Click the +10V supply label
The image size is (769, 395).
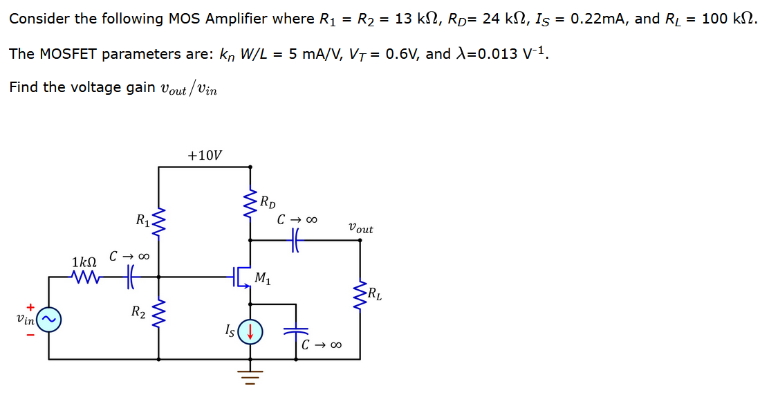(205, 155)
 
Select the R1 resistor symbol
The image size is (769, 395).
(159, 223)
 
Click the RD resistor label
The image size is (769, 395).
(268, 203)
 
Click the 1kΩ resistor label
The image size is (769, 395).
(84, 262)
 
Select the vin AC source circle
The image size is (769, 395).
(49, 319)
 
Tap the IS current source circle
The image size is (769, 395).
(250, 331)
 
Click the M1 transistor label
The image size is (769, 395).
(263, 279)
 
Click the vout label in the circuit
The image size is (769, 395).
(360, 228)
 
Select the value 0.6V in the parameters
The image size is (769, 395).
(400, 53)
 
